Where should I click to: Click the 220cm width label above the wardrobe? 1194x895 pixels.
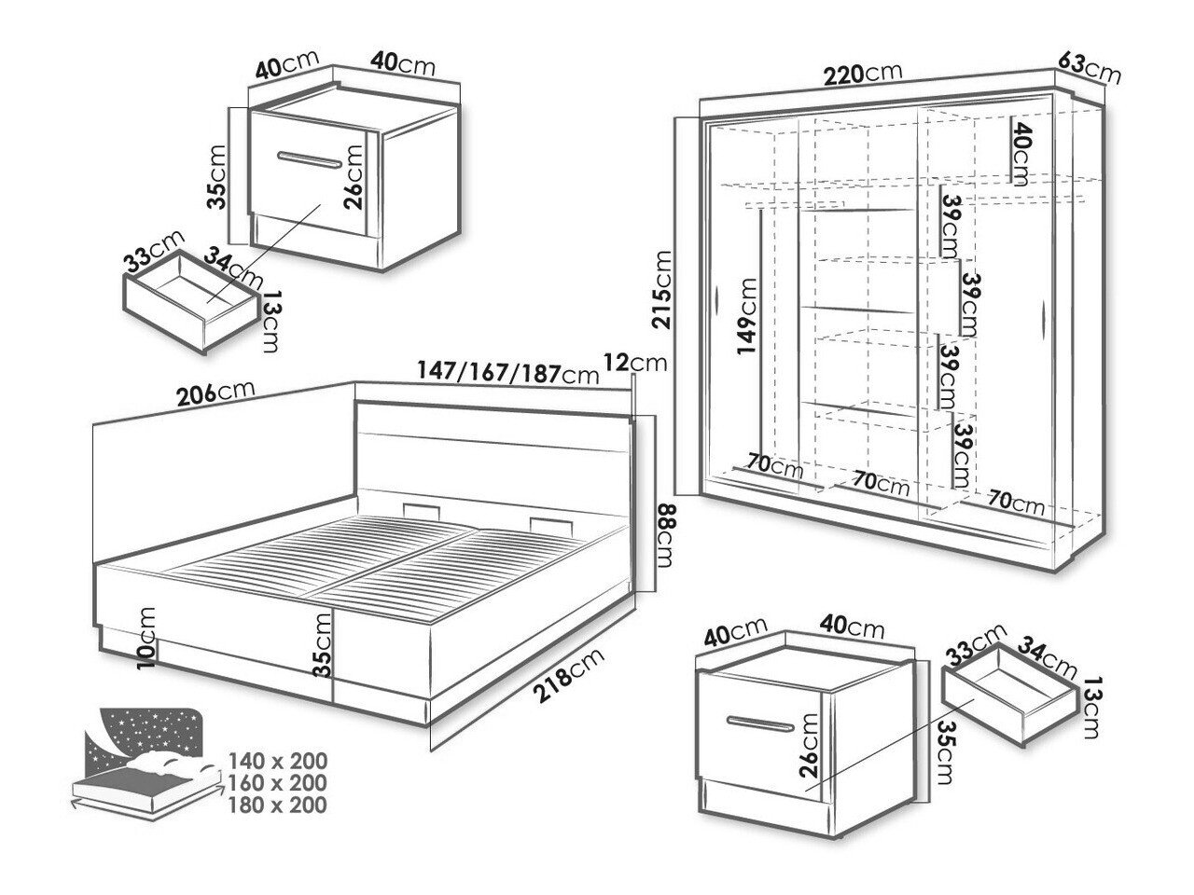point(863,74)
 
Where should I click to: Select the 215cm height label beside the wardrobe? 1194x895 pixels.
point(662,289)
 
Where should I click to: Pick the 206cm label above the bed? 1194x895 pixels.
point(216,392)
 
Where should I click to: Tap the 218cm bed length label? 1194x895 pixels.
point(569,676)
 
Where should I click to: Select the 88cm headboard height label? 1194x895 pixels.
point(666,536)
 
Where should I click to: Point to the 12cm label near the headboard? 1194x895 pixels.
point(635,362)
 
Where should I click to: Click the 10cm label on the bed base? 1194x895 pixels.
point(146,638)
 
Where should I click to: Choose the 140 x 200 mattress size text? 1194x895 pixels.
point(278,761)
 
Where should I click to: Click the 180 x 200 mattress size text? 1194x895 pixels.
point(277,805)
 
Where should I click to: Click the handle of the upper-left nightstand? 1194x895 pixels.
point(310,160)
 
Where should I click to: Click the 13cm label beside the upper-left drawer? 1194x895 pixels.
point(272,321)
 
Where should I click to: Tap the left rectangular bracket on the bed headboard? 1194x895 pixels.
point(421,511)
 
